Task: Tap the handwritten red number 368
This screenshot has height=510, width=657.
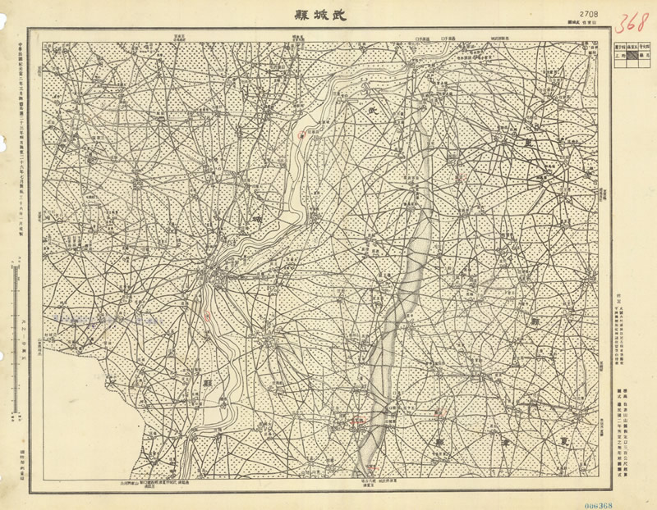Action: pyautogui.click(x=632, y=20)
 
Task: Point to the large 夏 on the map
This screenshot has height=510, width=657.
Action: pyautogui.click(x=563, y=439)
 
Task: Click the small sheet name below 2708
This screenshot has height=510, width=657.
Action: pyautogui.click(x=589, y=25)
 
